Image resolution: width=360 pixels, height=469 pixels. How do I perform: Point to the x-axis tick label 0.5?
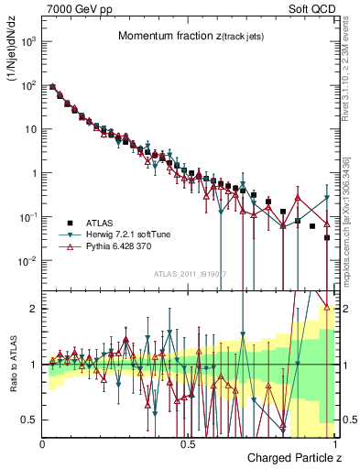(x=188, y=443)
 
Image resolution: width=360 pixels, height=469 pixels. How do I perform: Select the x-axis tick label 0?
(x=43, y=443)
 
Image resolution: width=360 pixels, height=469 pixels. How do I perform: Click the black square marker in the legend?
(x=71, y=222)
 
